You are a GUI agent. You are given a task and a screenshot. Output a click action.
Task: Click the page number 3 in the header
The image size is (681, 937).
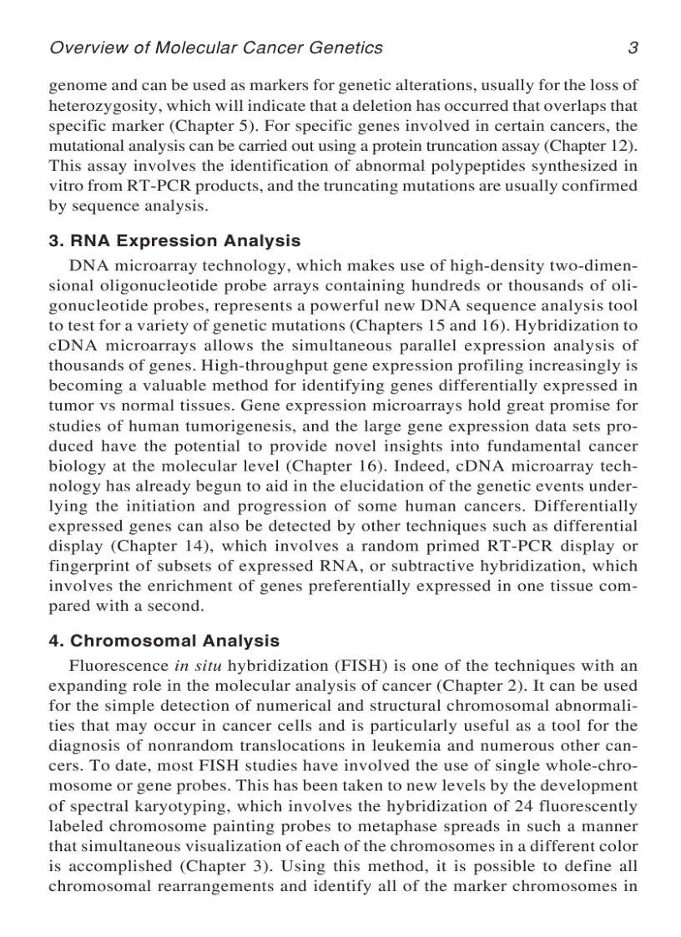[x=633, y=48]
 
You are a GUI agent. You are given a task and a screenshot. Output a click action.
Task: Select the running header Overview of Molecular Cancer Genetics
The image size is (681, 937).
[x=216, y=48]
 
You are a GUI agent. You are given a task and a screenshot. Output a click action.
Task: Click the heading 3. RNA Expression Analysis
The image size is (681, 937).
[x=174, y=241]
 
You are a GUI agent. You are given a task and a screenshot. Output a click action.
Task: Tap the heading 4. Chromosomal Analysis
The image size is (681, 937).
[x=164, y=642]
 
